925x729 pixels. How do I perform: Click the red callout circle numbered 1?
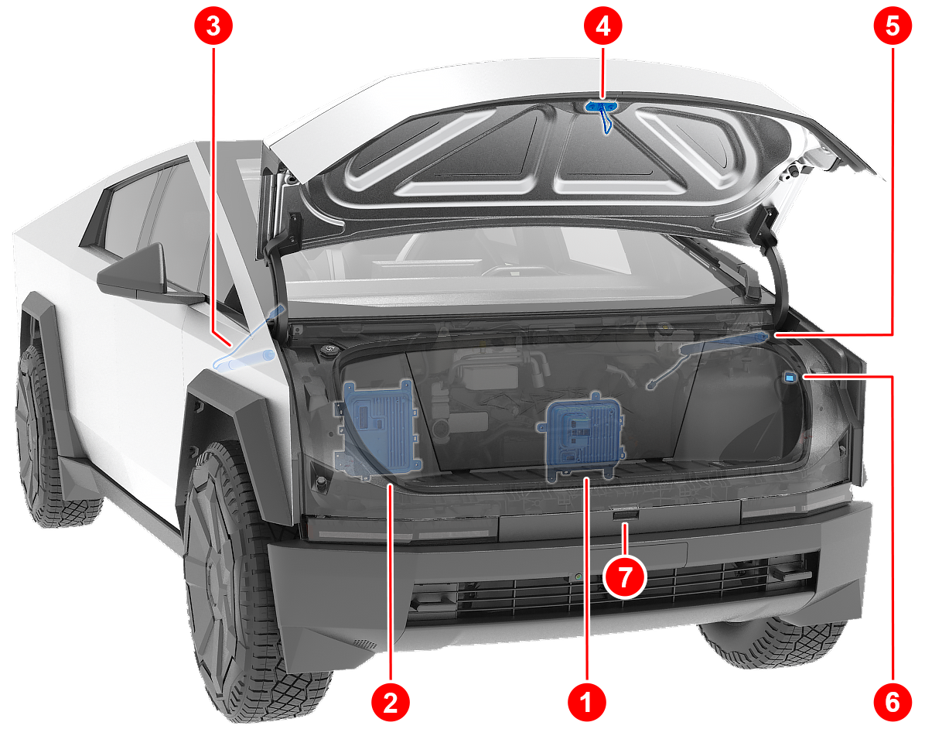pyautogui.click(x=586, y=702)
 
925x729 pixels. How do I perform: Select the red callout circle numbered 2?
pyautogui.click(x=391, y=702)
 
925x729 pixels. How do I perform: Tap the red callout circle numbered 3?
pyautogui.click(x=213, y=26)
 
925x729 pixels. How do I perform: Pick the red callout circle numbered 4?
pyautogui.click(x=603, y=26)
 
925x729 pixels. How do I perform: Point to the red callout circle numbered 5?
pyautogui.click(x=893, y=26)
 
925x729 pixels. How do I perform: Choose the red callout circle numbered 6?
pyautogui.click(x=893, y=702)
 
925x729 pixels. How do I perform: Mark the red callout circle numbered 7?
pyautogui.click(x=625, y=577)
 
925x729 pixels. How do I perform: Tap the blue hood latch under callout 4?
pyautogui.click(x=602, y=112)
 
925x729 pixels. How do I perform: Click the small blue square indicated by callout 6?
pyautogui.click(x=790, y=377)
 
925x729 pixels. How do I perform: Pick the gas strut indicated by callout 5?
pyautogui.click(x=708, y=357)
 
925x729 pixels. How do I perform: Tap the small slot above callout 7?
pyautogui.click(x=625, y=516)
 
